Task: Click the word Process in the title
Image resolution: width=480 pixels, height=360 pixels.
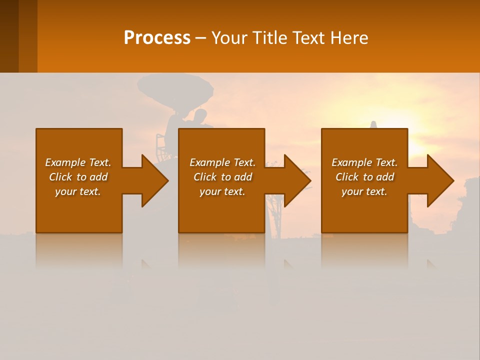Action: pos(157,38)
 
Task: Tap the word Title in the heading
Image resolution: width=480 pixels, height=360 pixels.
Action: pos(270,38)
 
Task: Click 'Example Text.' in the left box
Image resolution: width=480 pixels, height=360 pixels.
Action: pos(78,162)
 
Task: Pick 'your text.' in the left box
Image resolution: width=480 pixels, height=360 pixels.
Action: pos(78,191)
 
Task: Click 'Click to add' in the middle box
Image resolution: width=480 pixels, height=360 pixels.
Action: pos(222,177)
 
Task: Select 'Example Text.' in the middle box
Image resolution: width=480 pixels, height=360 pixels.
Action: pos(222,162)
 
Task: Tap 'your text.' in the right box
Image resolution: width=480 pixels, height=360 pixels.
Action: pos(364,191)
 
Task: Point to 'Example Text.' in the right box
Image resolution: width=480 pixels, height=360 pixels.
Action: pos(364,162)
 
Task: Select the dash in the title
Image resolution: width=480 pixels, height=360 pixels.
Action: pos(200,38)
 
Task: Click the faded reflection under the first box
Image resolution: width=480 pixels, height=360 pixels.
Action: pos(78,250)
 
